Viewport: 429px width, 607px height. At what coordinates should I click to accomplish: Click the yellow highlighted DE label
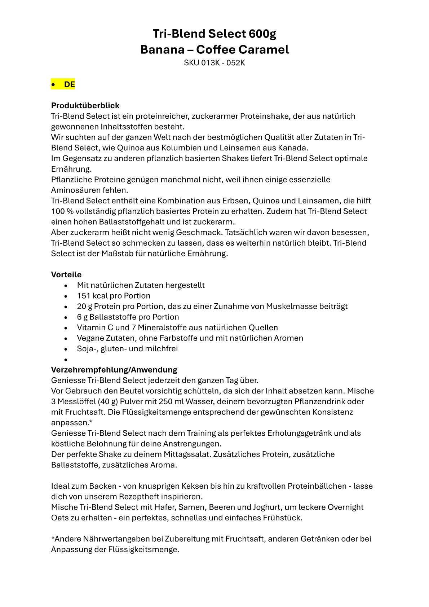click(69, 84)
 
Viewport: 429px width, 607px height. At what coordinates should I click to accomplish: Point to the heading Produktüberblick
click(85, 106)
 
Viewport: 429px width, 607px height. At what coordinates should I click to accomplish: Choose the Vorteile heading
click(66, 275)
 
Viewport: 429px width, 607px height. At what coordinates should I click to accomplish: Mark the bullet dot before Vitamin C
click(66, 328)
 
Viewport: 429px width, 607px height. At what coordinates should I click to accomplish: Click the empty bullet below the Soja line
click(66, 360)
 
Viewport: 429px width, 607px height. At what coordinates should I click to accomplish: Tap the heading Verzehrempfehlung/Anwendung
click(114, 370)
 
